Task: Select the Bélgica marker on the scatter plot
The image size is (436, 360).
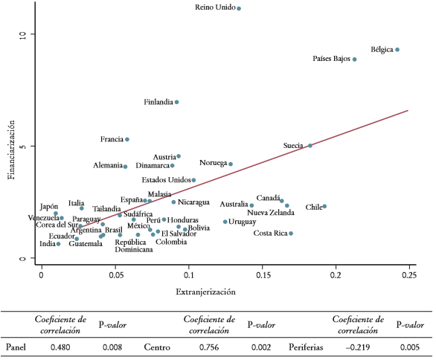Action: pos(398,50)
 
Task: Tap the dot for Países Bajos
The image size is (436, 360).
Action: pos(355,60)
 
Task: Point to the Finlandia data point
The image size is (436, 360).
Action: pos(177,102)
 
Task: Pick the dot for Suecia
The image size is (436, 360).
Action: pos(310,146)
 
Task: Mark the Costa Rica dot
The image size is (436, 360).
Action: pos(291,234)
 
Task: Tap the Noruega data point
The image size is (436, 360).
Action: pos(231,164)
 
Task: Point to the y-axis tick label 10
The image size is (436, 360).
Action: pos(22,34)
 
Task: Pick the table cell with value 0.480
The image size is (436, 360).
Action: pos(60,347)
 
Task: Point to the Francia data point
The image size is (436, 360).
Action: pos(127,139)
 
